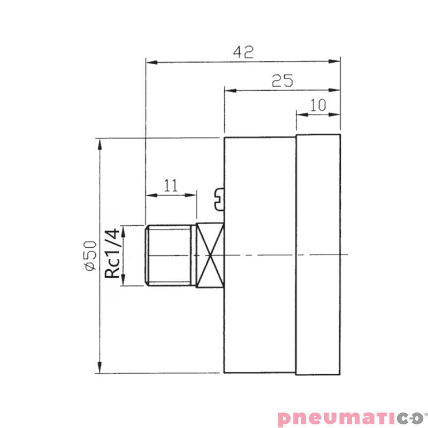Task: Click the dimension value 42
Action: (243, 52)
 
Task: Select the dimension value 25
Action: (282, 81)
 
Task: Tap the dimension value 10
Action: (318, 105)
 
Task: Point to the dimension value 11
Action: (171, 185)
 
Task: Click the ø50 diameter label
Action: (91, 256)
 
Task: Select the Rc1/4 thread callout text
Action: (112, 253)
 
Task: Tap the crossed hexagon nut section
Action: (210, 255)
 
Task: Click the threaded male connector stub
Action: (170, 256)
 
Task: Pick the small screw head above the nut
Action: (219, 199)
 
